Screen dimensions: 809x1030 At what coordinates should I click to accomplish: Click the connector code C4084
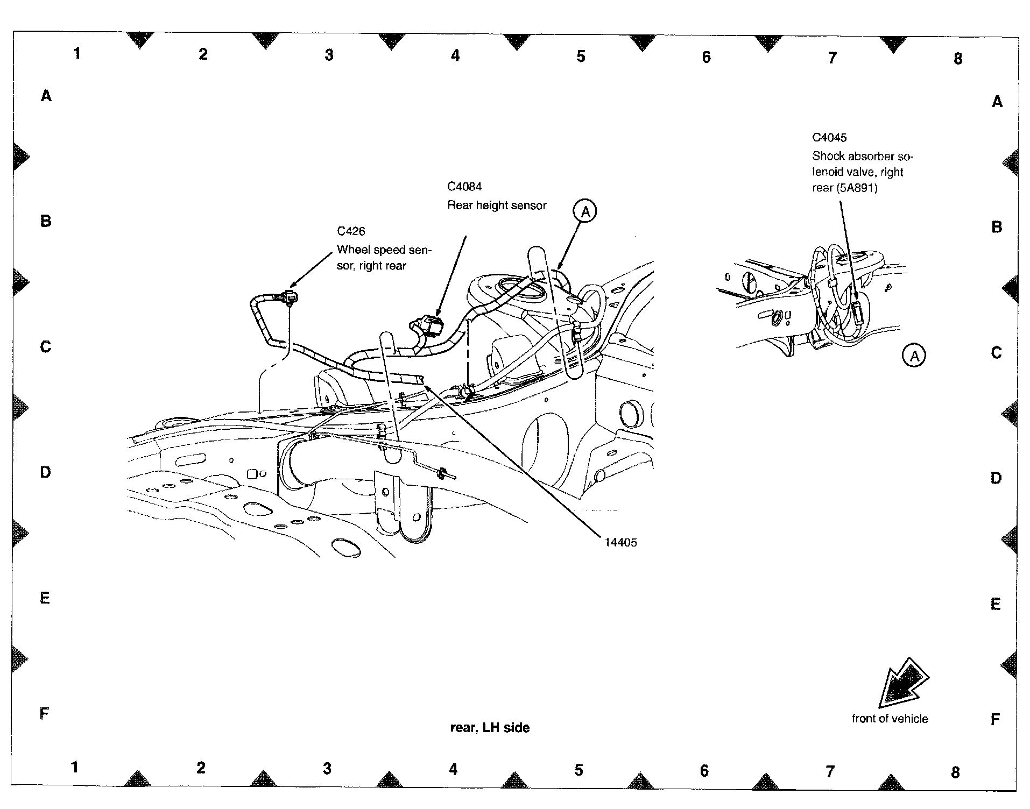(x=464, y=187)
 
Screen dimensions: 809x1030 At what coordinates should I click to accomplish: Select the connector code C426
(x=351, y=231)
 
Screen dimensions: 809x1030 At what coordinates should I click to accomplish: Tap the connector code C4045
(x=829, y=138)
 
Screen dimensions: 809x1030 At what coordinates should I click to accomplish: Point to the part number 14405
(x=620, y=542)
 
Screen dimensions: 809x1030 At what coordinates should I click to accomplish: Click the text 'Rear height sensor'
(x=497, y=205)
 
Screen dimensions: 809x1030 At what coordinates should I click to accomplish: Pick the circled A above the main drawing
(x=585, y=211)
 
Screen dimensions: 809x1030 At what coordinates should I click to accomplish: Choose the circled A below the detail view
(x=914, y=356)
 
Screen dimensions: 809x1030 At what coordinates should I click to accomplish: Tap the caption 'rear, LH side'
(x=490, y=728)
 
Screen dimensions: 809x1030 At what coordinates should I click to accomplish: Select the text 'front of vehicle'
(x=890, y=719)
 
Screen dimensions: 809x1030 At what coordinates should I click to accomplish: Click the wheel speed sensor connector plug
(x=291, y=295)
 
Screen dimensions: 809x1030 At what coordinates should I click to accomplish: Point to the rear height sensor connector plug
(x=431, y=325)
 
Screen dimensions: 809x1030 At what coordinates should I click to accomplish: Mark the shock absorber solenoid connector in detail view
(x=857, y=313)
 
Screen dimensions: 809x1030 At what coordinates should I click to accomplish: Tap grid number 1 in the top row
(x=77, y=53)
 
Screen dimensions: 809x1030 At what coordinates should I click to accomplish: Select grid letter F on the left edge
(x=45, y=713)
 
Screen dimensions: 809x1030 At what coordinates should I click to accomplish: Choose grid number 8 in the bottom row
(x=955, y=772)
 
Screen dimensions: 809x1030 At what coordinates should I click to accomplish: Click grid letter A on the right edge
(x=997, y=102)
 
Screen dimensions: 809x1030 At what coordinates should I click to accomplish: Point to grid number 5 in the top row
(x=581, y=56)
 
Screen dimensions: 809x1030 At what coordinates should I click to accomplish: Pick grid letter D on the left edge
(x=45, y=472)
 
